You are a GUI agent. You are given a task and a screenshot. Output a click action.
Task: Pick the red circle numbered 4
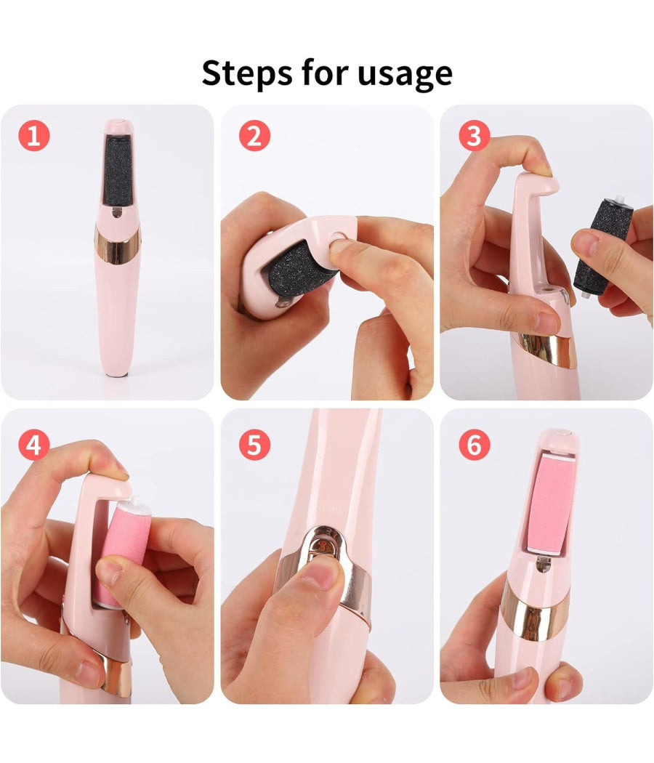pyautogui.click(x=34, y=444)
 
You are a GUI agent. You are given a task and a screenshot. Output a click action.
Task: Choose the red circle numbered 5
pyautogui.click(x=254, y=444)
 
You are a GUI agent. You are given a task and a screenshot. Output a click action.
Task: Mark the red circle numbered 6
pyautogui.click(x=475, y=444)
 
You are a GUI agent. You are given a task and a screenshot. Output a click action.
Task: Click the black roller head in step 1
pyautogui.click(x=118, y=171)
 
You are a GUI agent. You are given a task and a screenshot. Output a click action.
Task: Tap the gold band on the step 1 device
pyautogui.click(x=117, y=244)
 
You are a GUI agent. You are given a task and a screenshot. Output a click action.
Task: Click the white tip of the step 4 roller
pyautogui.click(x=134, y=504)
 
